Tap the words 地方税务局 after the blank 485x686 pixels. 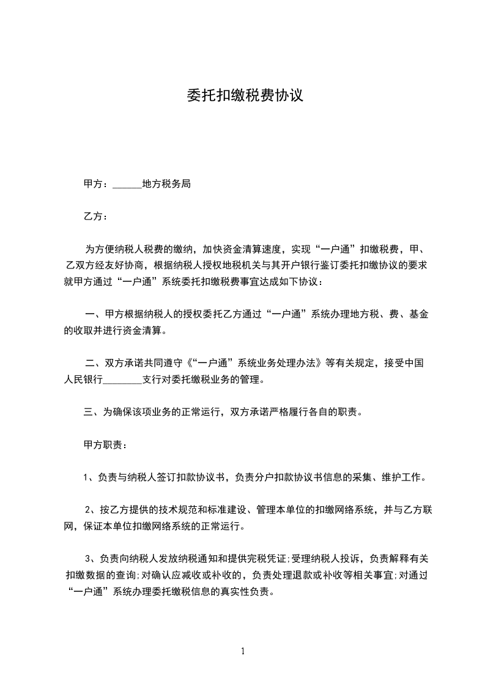(166, 183)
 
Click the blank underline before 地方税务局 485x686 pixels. (127, 185)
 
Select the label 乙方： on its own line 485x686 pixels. (96, 216)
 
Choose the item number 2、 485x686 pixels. (90, 509)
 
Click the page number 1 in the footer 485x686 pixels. (243, 651)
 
